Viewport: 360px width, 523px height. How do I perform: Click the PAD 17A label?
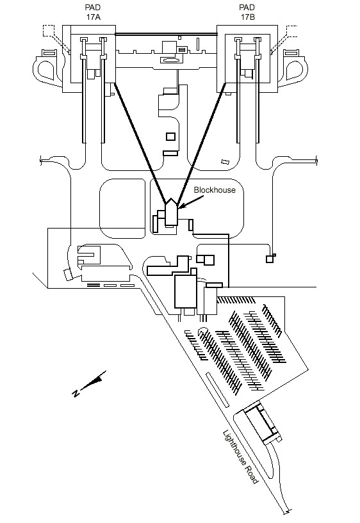(93, 12)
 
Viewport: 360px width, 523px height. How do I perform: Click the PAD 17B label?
(247, 12)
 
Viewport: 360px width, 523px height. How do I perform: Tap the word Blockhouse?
(215, 189)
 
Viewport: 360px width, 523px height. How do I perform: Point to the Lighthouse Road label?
(240, 457)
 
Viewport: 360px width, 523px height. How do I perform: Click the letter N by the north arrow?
(76, 393)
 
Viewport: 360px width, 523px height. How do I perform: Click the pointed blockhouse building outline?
(171, 212)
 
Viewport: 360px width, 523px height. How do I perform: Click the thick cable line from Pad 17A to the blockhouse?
(140, 143)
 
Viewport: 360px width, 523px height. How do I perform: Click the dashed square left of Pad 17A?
(49, 31)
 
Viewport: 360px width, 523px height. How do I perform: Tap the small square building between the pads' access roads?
(170, 136)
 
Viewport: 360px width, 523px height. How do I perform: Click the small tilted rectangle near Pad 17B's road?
(225, 161)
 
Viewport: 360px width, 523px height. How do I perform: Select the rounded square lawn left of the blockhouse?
(122, 209)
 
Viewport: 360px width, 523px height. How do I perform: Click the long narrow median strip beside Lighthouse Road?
(218, 389)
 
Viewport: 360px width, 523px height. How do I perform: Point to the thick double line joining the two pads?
(166, 34)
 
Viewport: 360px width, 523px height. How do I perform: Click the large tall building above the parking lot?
(186, 291)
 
